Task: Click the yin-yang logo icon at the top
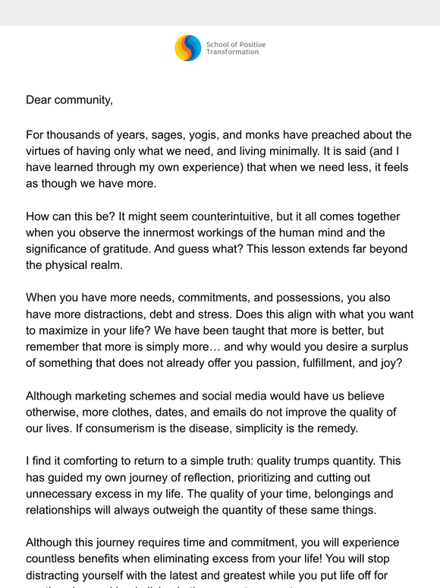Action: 188,48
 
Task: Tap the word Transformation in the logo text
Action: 232,52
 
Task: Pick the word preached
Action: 334,135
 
